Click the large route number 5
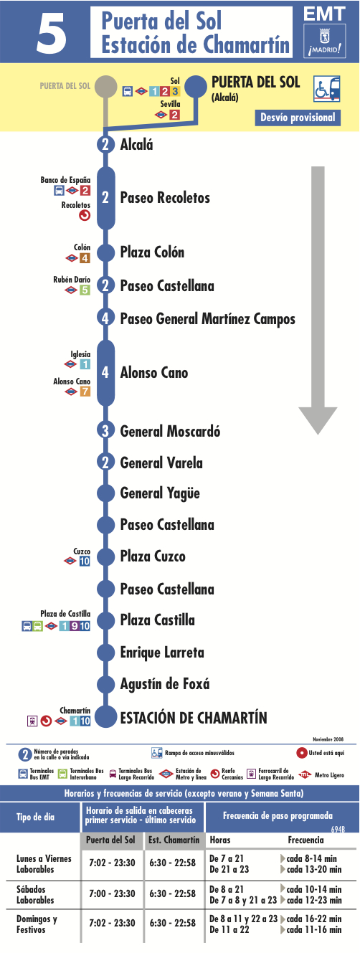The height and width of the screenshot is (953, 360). (52, 32)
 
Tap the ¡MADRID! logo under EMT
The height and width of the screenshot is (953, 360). (324, 41)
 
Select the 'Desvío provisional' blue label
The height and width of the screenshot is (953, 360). (298, 118)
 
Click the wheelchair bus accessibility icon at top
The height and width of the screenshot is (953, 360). (327, 88)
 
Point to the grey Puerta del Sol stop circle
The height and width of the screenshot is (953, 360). (106, 86)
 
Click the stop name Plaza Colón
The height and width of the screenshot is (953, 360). (152, 252)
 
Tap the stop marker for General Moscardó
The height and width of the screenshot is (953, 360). (105, 430)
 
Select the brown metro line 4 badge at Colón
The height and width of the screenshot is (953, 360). (85, 258)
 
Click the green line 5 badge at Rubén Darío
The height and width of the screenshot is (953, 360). (85, 290)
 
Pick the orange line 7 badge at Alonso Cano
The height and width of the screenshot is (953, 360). (85, 391)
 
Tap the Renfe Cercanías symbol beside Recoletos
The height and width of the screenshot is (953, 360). (85, 216)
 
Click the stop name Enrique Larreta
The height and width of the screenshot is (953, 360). (162, 653)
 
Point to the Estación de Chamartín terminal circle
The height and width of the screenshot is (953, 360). (105, 716)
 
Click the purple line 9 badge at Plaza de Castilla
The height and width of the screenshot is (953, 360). (74, 626)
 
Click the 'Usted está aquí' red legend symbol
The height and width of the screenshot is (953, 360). (301, 753)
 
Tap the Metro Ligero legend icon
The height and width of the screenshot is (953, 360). (305, 774)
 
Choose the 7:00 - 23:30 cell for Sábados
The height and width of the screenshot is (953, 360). (112, 894)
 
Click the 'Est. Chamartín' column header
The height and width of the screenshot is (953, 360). (174, 840)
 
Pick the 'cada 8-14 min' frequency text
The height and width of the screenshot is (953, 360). (311, 858)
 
